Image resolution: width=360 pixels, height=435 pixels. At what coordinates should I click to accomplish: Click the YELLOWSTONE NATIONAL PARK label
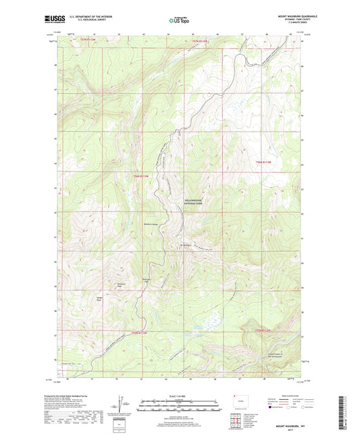[184, 202]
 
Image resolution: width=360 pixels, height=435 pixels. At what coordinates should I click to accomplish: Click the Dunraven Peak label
[122, 284]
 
